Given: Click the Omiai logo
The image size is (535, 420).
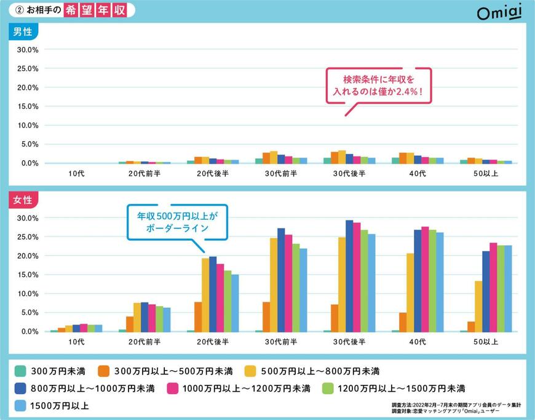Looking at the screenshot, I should coord(499,12).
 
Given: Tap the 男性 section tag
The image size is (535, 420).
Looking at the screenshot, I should coord(23,32).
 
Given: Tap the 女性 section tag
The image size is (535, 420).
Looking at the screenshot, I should coord(23,200).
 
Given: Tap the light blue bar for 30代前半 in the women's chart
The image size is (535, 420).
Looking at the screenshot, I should coord(303,290).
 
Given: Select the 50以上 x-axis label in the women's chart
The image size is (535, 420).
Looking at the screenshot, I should coord(486,342).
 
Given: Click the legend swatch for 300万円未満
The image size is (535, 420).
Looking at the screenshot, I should coord(20,371).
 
